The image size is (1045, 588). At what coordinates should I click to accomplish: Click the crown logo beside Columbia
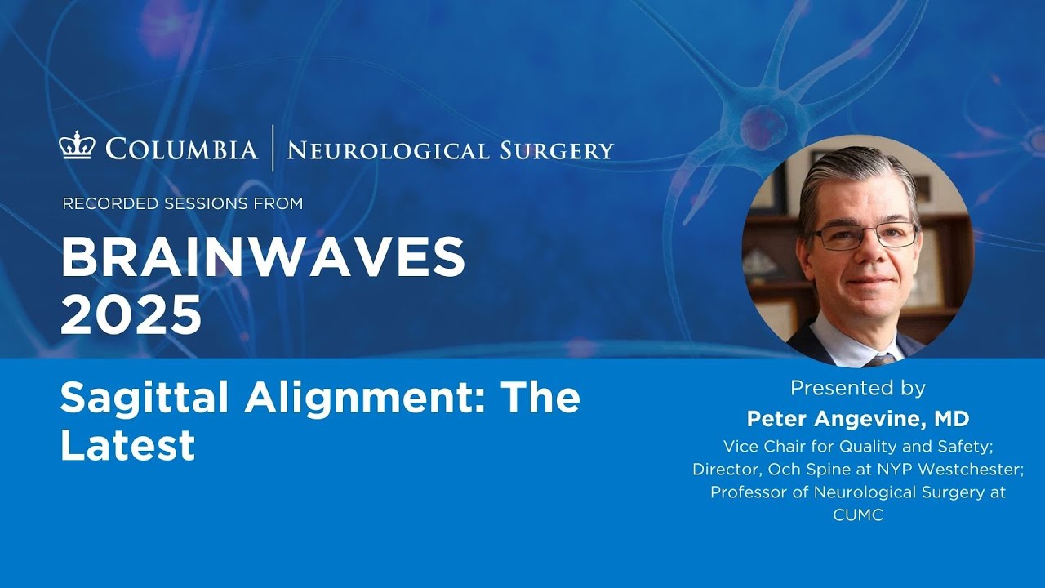[78, 148]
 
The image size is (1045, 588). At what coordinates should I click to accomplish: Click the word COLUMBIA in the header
[181, 149]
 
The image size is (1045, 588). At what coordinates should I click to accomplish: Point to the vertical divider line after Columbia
[273, 148]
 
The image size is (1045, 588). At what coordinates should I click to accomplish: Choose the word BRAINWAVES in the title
[263, 260]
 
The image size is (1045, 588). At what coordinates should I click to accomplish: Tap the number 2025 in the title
[131, 314]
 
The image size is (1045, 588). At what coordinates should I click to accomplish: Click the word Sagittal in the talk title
[144, 399]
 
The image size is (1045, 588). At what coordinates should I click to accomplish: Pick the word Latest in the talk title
[127, 444]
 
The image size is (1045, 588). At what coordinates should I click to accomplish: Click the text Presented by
[857, 388]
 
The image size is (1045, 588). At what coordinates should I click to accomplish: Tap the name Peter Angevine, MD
[857, 419]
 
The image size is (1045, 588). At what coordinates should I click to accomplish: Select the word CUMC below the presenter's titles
[857, 515]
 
